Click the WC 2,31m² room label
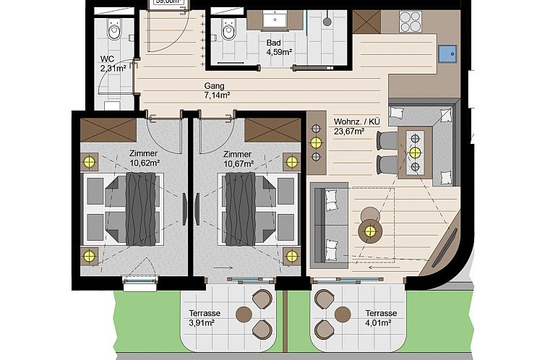click(x=112, y=64)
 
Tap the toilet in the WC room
click(x=114, y=30)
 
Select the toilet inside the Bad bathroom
click(x=229, y=30)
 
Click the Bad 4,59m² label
click(x=278, y=47)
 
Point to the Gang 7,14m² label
click(x=217, y=90)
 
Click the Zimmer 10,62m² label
click(x=144, y=158)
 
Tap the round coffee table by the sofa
click(x=371, y=231)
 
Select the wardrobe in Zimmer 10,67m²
click(x=271, y=130)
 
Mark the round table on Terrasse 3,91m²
click(x=244, y=314)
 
